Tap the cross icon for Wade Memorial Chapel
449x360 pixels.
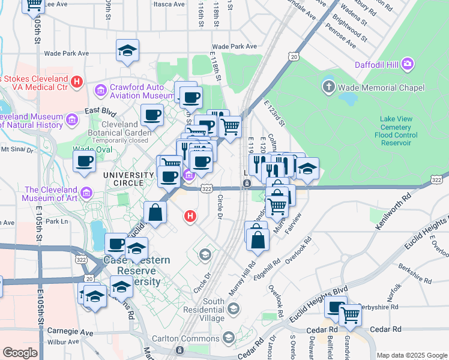(328, 88)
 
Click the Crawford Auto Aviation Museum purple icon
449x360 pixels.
(100, 91)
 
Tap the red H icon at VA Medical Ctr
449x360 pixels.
(77, 82)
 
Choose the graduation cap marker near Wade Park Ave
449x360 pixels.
(127, 51)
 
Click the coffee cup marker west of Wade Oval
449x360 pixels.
(84, 161)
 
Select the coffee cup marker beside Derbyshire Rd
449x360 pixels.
(335, 307)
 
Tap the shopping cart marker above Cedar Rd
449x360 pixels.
(350, 314)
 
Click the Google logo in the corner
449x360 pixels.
(20, 353)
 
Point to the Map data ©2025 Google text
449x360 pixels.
(412, 355)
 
